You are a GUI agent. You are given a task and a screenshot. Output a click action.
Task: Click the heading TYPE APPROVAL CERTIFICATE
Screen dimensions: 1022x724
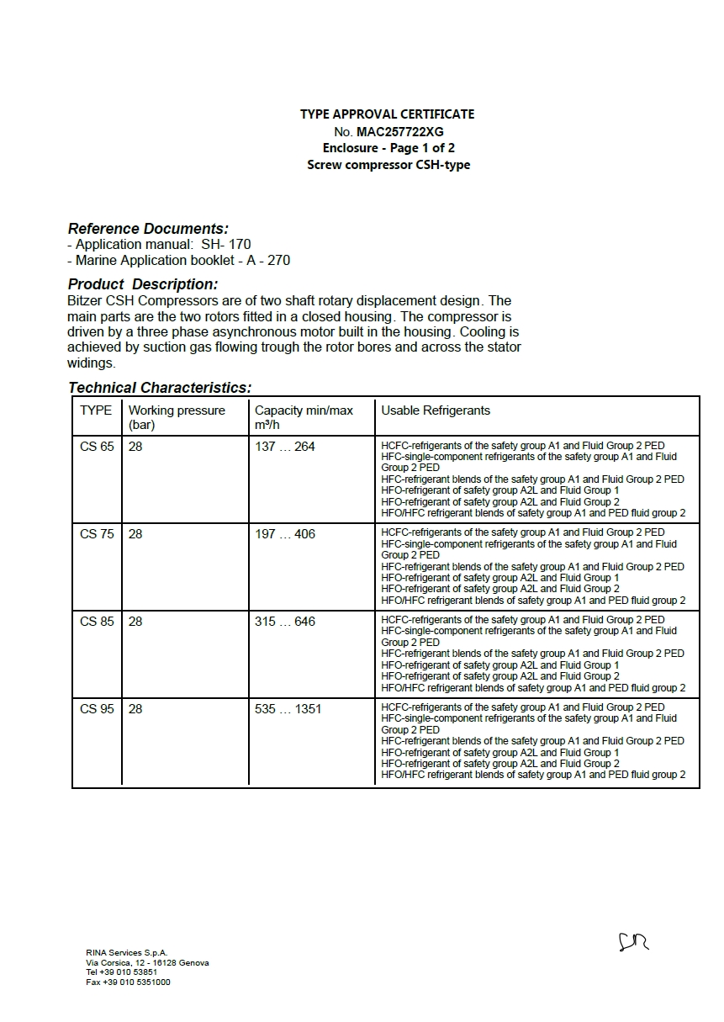tap(387, 114)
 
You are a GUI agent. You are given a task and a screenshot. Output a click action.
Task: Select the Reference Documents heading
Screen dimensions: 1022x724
tap(148, 229)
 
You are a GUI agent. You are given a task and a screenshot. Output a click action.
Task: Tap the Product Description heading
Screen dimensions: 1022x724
tap(143, 284)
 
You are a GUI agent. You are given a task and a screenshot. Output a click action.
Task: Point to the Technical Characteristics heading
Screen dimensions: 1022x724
tap(160, 388)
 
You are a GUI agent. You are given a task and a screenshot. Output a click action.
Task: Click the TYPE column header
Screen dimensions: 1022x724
tap(96, 410)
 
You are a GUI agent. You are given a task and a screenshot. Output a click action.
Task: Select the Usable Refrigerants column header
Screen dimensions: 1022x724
tap(436, 410)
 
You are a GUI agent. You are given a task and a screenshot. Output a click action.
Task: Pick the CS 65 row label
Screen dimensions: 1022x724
tap(97, 447)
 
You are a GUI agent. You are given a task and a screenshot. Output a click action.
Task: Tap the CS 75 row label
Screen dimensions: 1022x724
tap(97, 534)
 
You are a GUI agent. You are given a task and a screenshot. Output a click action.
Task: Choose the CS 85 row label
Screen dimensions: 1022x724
tap(97, 622)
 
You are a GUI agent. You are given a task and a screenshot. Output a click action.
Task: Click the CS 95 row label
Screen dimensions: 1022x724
tap(97, 709)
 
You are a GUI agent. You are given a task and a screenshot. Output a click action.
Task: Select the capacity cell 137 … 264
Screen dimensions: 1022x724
tap(285, 447)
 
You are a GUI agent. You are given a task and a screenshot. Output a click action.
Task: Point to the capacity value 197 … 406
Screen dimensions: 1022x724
tap(285, 534)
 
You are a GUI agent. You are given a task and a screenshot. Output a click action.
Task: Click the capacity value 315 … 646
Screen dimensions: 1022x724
tap(285, 622)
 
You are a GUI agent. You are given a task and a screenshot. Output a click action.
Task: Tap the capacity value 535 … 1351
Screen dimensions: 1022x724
tap(288, 709)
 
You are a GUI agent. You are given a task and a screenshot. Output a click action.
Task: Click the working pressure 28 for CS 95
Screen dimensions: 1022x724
tap(135, 709)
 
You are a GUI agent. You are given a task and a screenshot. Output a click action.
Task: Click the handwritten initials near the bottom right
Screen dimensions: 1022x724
tap(634, 941)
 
